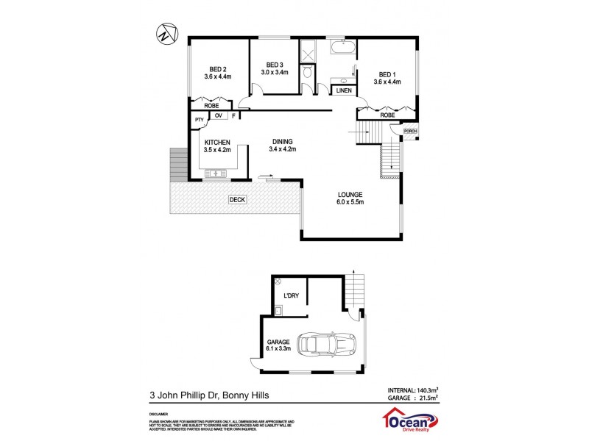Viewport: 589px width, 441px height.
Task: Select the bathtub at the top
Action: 344,50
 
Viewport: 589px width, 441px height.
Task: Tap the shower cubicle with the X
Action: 307,51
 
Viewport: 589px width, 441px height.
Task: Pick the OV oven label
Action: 219,115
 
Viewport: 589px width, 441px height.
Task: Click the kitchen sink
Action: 218,173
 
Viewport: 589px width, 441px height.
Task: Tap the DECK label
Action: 236,199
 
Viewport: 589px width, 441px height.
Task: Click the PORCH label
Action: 410,131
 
